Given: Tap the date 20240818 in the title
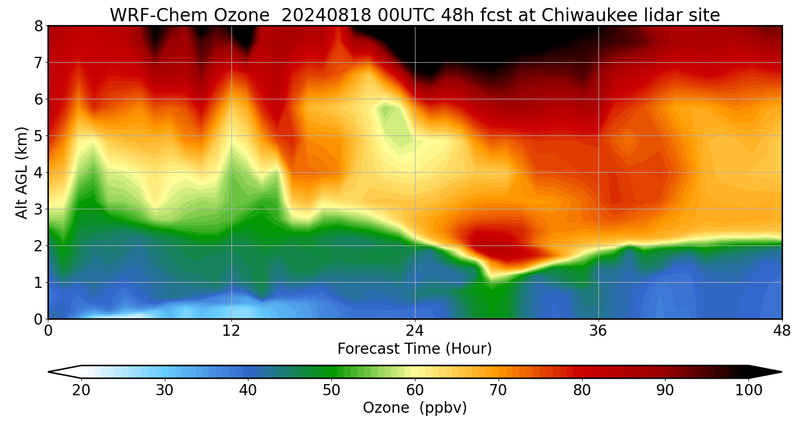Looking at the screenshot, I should (x=326, y=15).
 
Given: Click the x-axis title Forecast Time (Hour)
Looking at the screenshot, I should (x=414, y=349).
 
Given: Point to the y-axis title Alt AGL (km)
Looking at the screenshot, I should (x=22, y=172).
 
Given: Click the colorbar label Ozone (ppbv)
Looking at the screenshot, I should (x=414, y=407).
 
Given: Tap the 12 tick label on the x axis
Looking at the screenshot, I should (x=231, y=330).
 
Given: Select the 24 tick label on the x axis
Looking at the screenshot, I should (x=414, y=330).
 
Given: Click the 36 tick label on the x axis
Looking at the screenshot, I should (x=598, y=330).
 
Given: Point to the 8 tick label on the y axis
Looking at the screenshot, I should (x=38, y=26).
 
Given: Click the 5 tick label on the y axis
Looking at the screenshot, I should (x=38, y=136).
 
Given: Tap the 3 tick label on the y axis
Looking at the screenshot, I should (x=38, y=209).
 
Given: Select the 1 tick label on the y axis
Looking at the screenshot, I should (x=38, y=283).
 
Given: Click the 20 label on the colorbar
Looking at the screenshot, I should (x=81, y=390).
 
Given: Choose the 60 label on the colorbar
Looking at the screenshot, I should (x=415, y=390).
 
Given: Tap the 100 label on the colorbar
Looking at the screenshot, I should (x=749, y=390).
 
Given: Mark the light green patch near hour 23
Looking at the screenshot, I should (x=396, y=125).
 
